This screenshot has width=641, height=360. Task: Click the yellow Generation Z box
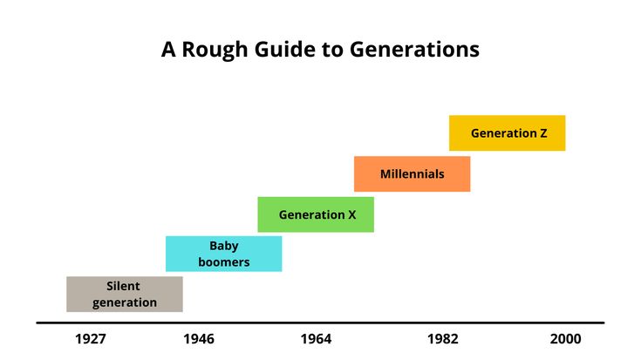(x=507, y=132)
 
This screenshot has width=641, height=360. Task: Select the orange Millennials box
(x=412, y=173)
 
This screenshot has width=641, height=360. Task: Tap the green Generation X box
(x=316, y=214)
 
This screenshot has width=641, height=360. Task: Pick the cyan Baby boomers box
(x=223, y=254)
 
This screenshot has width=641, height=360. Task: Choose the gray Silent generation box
(x=125, y=295)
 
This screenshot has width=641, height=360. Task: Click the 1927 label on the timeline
(x=91, y=339)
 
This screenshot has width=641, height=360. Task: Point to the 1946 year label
(x=199, y=339)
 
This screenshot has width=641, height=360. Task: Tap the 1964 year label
(x=316, y=339)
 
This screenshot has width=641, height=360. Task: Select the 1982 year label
(x=443, y=339)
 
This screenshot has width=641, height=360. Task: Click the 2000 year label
(x=565, y=339)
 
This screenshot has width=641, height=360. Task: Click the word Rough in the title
(x=215, y=50)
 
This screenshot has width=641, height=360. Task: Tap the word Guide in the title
(x=284, y=49)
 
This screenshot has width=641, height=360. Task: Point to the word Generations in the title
(x=414, y=49)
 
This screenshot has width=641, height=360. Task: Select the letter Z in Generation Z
(x=543, y=133)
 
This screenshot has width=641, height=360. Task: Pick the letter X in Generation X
(x=352, y=215)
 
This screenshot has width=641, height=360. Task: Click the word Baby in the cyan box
(x=224, y=247)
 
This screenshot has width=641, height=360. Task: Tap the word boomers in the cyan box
(x=224, y=262)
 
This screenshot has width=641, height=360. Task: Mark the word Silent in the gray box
(x=123, y=286)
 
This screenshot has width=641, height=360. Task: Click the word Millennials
(x=412, y=174)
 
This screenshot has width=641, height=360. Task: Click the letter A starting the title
(x=168, y=50)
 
